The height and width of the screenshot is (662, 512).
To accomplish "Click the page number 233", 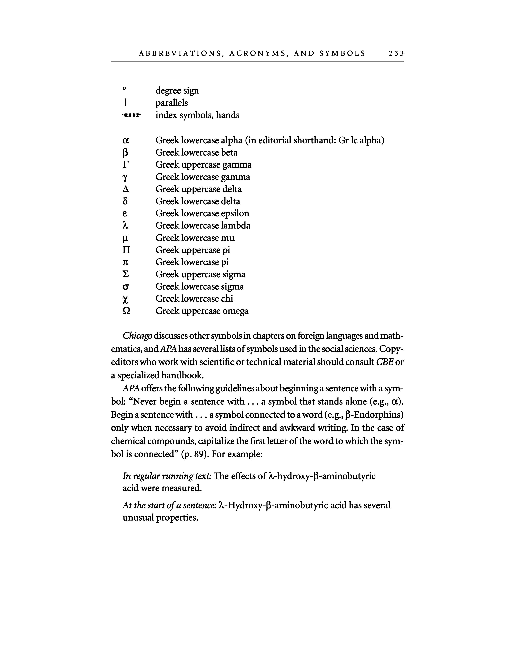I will coord(396,54).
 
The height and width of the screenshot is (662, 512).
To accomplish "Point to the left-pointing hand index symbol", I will coord(126,115).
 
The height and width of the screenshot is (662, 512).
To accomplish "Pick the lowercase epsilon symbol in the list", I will coord(125,214).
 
